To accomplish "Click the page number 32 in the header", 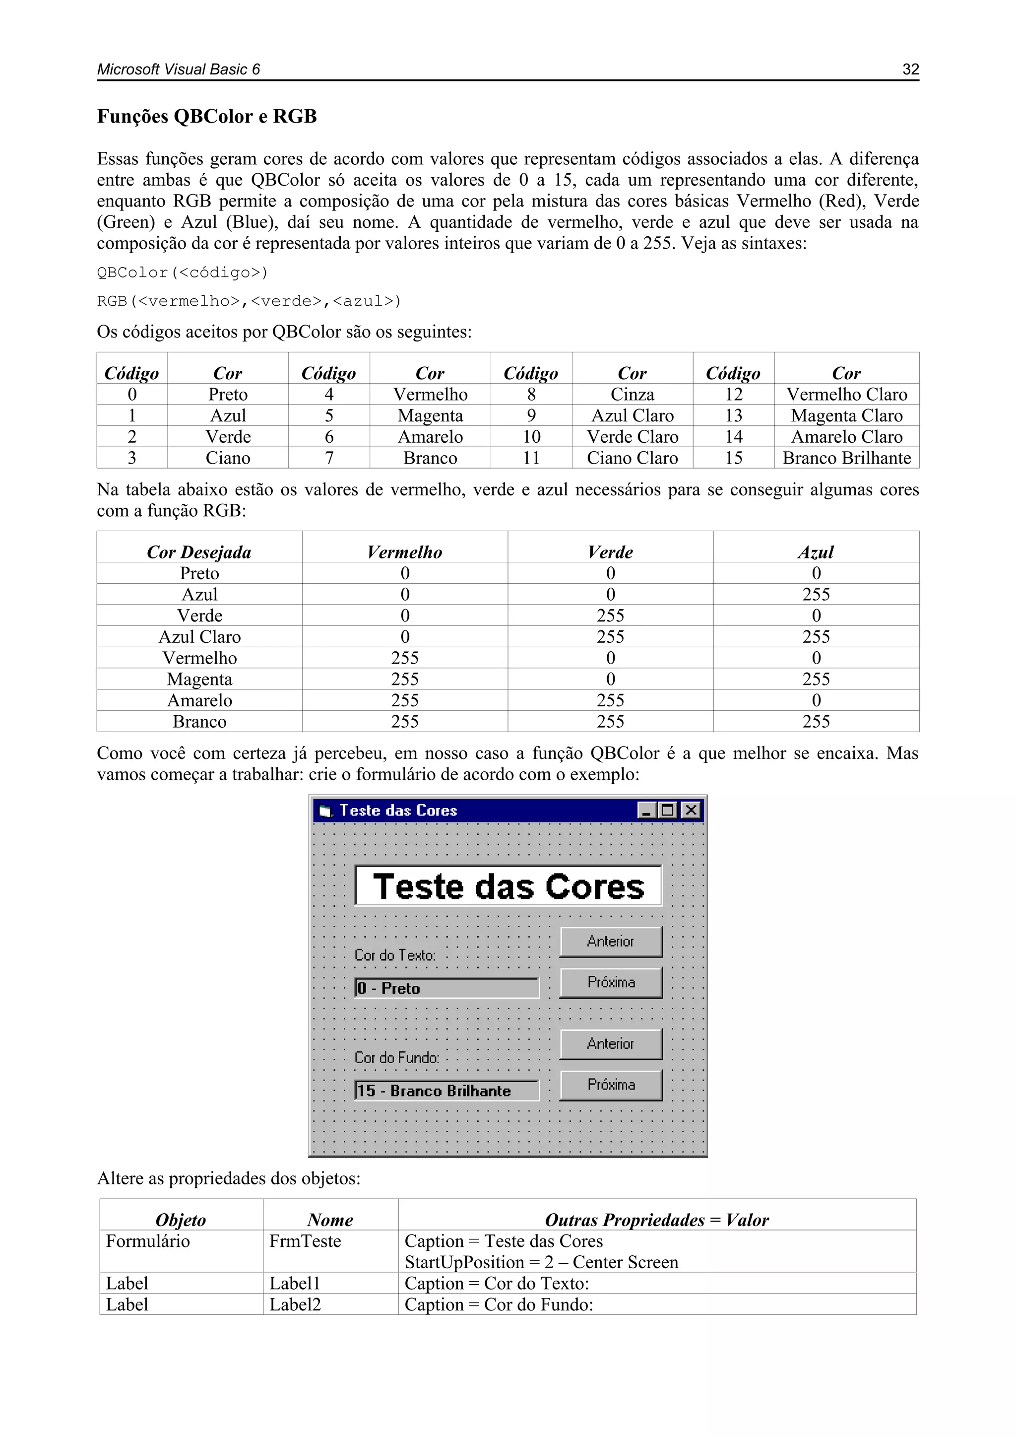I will click(x=910, y=69).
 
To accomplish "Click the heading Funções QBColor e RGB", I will click(x=206, y=117).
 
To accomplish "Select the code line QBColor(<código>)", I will click(x=182, y=273).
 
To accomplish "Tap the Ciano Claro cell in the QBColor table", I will click(x=632, y=458).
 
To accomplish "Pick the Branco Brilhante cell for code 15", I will click(x=846, y=458).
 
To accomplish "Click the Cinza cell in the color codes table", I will click(x=632, y=394).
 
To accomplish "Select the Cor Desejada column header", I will click(x=199, y=552).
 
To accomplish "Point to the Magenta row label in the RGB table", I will click(x=199, y=679).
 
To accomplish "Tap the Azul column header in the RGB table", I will click(x=816, y=552).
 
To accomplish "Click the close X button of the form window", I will click(x=691, y=811).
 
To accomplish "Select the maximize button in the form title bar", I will click(x=668, y=811).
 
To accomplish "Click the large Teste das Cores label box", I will click(x=508, y=886).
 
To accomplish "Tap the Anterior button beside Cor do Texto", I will click(x=611, y=941).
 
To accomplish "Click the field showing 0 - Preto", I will click(x=446, y=988).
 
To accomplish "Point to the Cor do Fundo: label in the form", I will click(x=397, y=1058).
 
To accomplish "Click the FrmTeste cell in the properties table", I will click(x=305, y=1241).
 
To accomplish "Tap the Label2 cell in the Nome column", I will click(x=295, y=1305).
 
